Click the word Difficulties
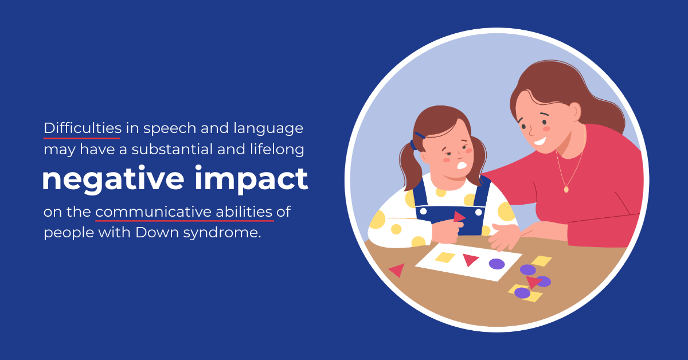point(83,128)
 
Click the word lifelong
point(277,150)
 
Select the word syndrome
point(222,233)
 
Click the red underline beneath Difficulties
point(81,138)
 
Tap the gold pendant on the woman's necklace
point(566,190)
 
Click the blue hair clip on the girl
point(420,135)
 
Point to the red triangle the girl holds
point(459,217)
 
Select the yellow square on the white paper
point(445,257)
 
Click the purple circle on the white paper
point(497,264)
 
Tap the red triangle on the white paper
point(471,260)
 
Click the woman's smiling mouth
point(540,142)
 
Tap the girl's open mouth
point(462,166)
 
